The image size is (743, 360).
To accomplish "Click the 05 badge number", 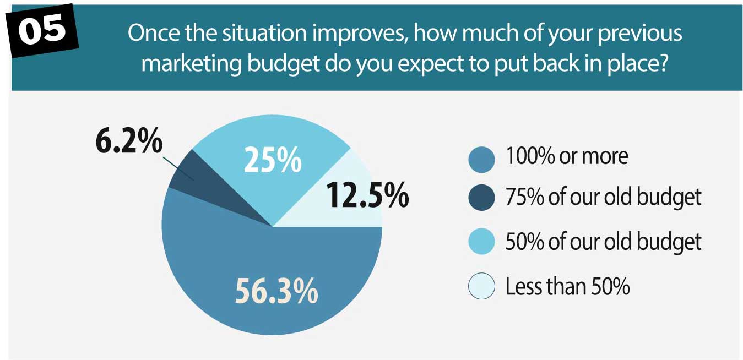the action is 42,30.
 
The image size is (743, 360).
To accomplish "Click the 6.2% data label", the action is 129,140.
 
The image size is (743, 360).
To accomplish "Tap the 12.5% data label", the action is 367,194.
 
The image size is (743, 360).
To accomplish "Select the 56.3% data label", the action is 276,291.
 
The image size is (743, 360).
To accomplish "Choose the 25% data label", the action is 273,160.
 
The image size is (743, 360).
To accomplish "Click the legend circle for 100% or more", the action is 481,160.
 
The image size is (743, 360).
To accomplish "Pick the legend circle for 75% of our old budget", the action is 481,198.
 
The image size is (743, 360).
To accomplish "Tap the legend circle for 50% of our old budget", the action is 481,241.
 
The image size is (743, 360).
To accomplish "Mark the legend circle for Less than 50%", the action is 481,286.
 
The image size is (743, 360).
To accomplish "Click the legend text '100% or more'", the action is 567,156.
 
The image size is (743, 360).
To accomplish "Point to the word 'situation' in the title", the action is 264,33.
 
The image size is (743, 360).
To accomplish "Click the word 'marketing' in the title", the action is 191,63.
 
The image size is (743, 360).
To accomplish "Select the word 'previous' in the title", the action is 639,34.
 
